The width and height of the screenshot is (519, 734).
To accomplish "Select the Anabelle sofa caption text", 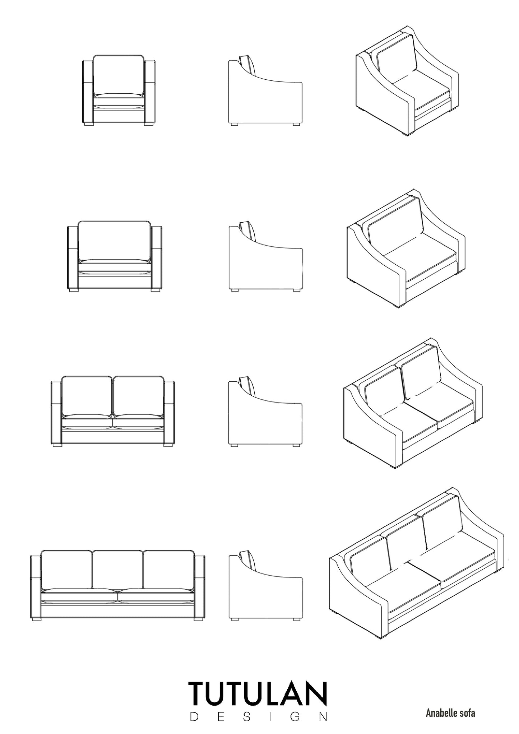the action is (450, 713).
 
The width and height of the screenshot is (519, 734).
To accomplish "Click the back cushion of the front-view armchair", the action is (119, 75).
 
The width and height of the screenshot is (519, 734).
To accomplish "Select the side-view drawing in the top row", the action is (265, 90).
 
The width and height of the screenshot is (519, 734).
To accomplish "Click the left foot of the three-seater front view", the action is (36, 619).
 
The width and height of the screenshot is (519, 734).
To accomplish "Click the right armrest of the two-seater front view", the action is (170, 413).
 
